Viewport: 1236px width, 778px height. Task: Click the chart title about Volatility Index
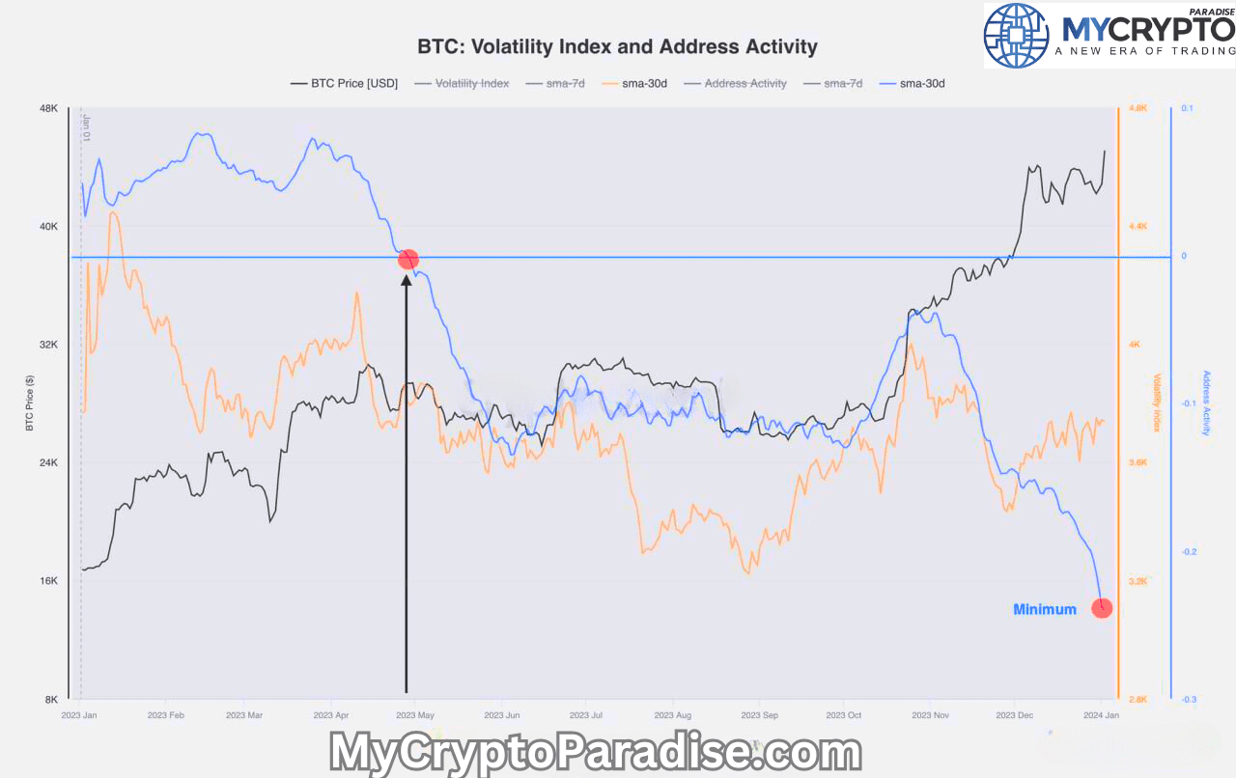point(617,46)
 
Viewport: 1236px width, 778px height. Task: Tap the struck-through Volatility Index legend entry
point(471,84)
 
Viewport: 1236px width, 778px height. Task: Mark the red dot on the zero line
point(408,259)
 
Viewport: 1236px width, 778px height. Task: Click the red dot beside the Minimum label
point(1102,608)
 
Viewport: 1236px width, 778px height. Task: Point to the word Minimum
point(1044,609)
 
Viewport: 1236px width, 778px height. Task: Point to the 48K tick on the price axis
point(48,108)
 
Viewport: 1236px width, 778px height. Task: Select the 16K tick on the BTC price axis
point(48,581)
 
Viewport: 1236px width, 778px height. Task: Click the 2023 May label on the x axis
point(415,715)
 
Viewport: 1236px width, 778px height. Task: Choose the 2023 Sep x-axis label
point(758,715)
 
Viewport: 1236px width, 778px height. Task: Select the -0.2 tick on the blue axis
point(1188,552)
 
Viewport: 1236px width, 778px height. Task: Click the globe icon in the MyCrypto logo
point(1016,35)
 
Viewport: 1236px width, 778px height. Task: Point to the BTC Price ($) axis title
point(29,403)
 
